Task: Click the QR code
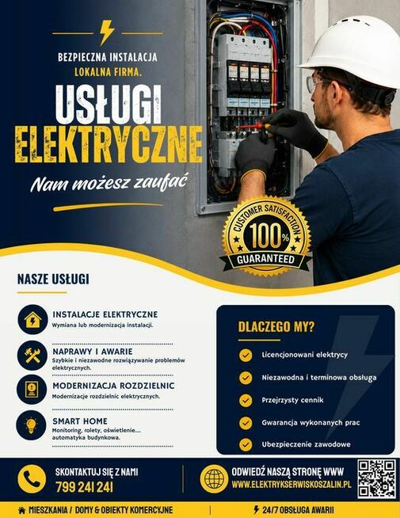pyautogui.click(x=377, y=479)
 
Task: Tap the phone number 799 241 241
pyautogui.click(x=84, y=487)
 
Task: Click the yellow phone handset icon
pyautogui.click(x=32, y=479)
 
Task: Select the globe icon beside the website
pyautogui.click(x=214, y=479)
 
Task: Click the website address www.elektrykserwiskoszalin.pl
pyautogui.click(x=291, y=484)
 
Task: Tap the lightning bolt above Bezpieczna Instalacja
pyautogui.click(x=108, y=32)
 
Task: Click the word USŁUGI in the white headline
pyautogui.click(x=109, y=105)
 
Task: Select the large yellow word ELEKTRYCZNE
pyautogui.click(x=109, y=144)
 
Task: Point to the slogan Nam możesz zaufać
pyautogui.click(x=109, y=182)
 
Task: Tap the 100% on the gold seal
pyautogui.click(x=269, y=235)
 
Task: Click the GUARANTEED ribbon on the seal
pyautogui.click(x=266, y=259)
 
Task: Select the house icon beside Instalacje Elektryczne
pyautogui.click(x=32, y=320)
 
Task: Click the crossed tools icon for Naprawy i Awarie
pyautogui.click(x=32, y=356)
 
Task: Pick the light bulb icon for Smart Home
pyautogui.click(x=32, y=425)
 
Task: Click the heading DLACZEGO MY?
pyautogui.click(x=276, y=327)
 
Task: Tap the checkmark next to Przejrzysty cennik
pyautogui.click(x=246, y=401)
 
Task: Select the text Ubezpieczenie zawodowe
pyautogui.click(x=307, y=444)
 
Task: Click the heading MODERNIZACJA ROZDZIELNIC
pyautogui.click(x=113, y=386)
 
